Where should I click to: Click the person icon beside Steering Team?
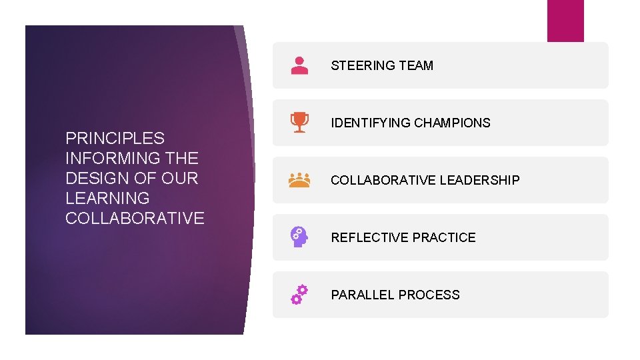pyautogui.click(x=300, y=65)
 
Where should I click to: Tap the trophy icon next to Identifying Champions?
pyautogui.click(x=300, y=123)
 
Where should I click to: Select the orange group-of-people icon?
pyautogui.click(x=300, y=179)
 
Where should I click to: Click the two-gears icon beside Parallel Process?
pyautogui.click(x=299, y=294)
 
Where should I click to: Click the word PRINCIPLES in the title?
pyautogui.click(x=115, y=139)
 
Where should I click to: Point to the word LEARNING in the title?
pyautogui.click(x=107, y=199)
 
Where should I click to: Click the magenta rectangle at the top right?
pyautogui.click(x=565, y=20)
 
